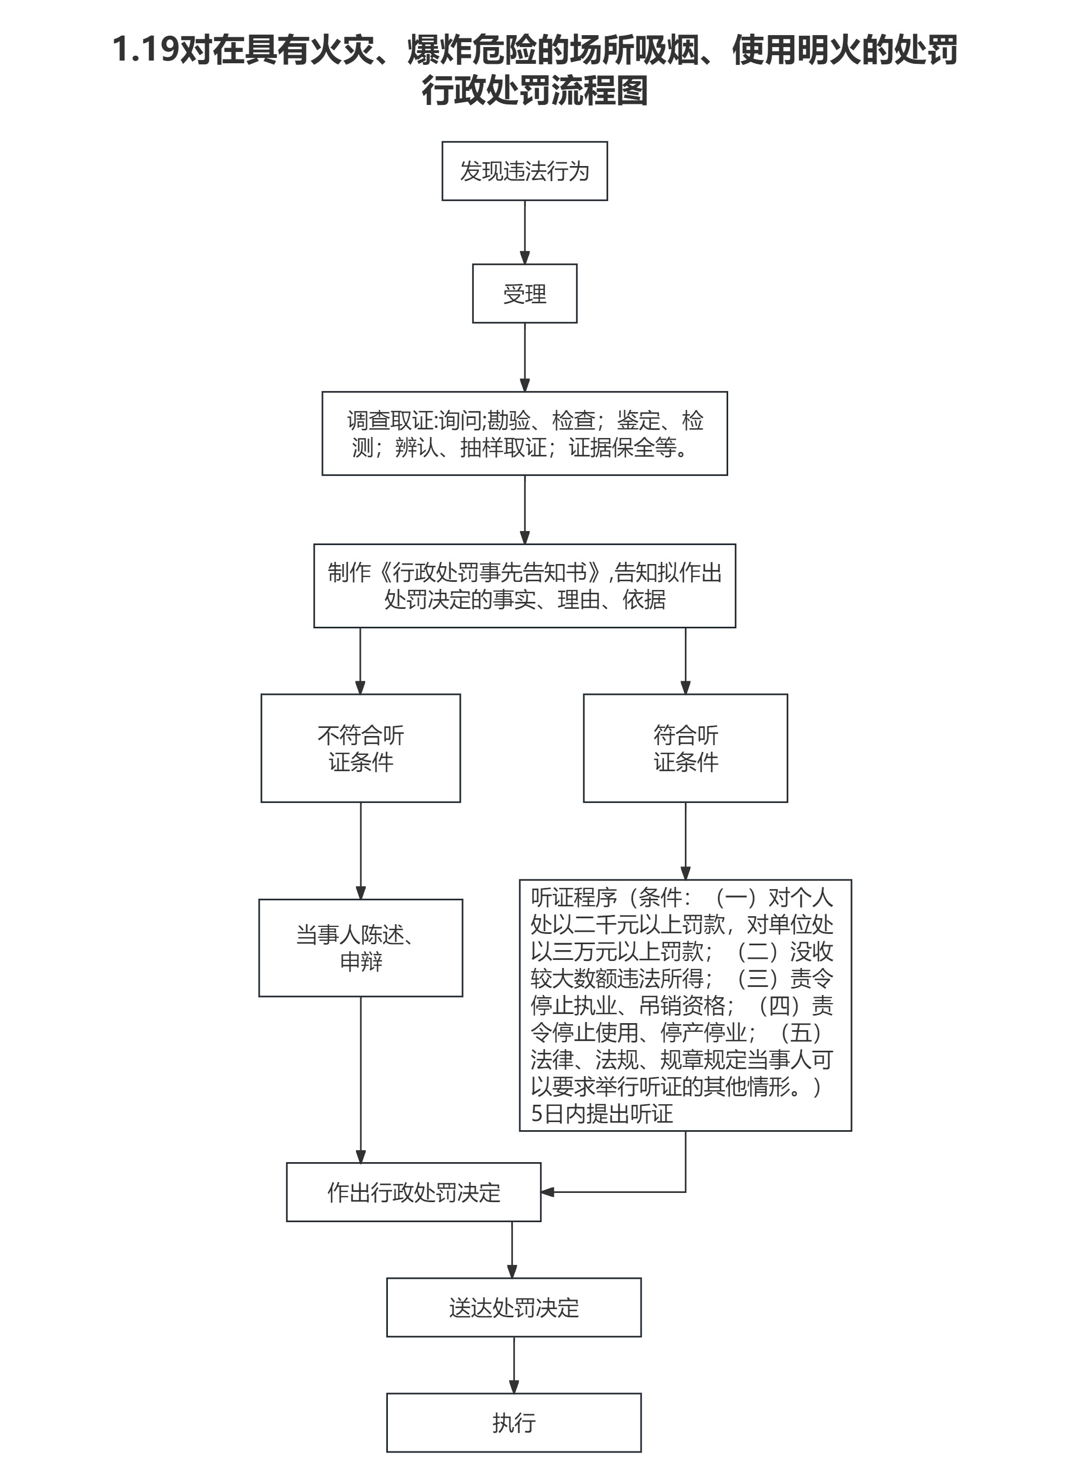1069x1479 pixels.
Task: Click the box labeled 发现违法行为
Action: click(524, 171)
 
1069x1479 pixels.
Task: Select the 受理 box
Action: click(524, 294)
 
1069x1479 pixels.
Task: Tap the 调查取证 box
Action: click(524, 434)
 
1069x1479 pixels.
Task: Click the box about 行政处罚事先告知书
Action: click(524, 586)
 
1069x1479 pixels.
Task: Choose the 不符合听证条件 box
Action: click(361, 748)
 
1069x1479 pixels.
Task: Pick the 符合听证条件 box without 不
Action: click(685, 748)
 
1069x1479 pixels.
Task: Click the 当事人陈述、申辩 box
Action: click(361, 948)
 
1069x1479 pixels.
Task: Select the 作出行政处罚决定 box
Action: click(413, 1192)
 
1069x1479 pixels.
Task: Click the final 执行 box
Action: click(514, 1422)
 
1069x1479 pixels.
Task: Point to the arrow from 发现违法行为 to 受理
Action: click(524, 231)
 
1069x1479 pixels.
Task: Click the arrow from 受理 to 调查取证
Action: click(524, 357)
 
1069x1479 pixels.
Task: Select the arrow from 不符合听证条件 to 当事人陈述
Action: click(361, 851)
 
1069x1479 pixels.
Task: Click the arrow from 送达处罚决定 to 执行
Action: click(514, 1364)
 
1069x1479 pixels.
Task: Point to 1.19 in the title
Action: click(146, 50)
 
